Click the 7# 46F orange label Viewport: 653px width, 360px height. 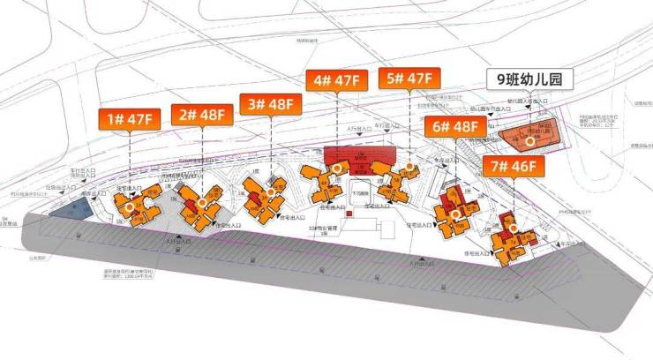(x=513, y=165)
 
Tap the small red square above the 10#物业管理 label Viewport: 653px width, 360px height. (x=349, y=214)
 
